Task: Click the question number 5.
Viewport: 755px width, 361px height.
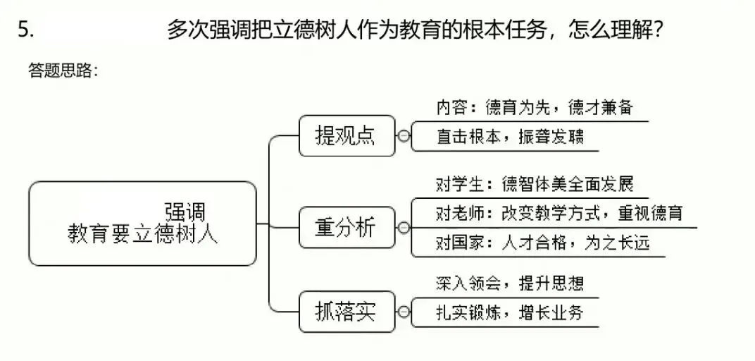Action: [x=26, y=30]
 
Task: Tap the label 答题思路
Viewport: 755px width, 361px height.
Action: [x=62, y=71]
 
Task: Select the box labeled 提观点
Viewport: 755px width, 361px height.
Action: [x=346, y=135]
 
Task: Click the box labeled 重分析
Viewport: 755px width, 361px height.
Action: [x=346, y=227]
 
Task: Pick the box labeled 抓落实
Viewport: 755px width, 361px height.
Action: [x=346, y=311]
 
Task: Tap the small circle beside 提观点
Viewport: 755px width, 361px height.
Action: [x=404, y=136]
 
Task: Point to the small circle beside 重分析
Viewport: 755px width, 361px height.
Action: [x=404, y=228]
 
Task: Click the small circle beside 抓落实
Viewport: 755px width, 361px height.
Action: [x=404, y=311]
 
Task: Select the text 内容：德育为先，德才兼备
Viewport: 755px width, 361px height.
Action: [x=535, y=109]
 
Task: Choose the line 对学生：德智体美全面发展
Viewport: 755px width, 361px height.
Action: [x=535, y=185]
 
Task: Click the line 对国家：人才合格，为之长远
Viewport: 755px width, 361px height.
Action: [x=542, y=243]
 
